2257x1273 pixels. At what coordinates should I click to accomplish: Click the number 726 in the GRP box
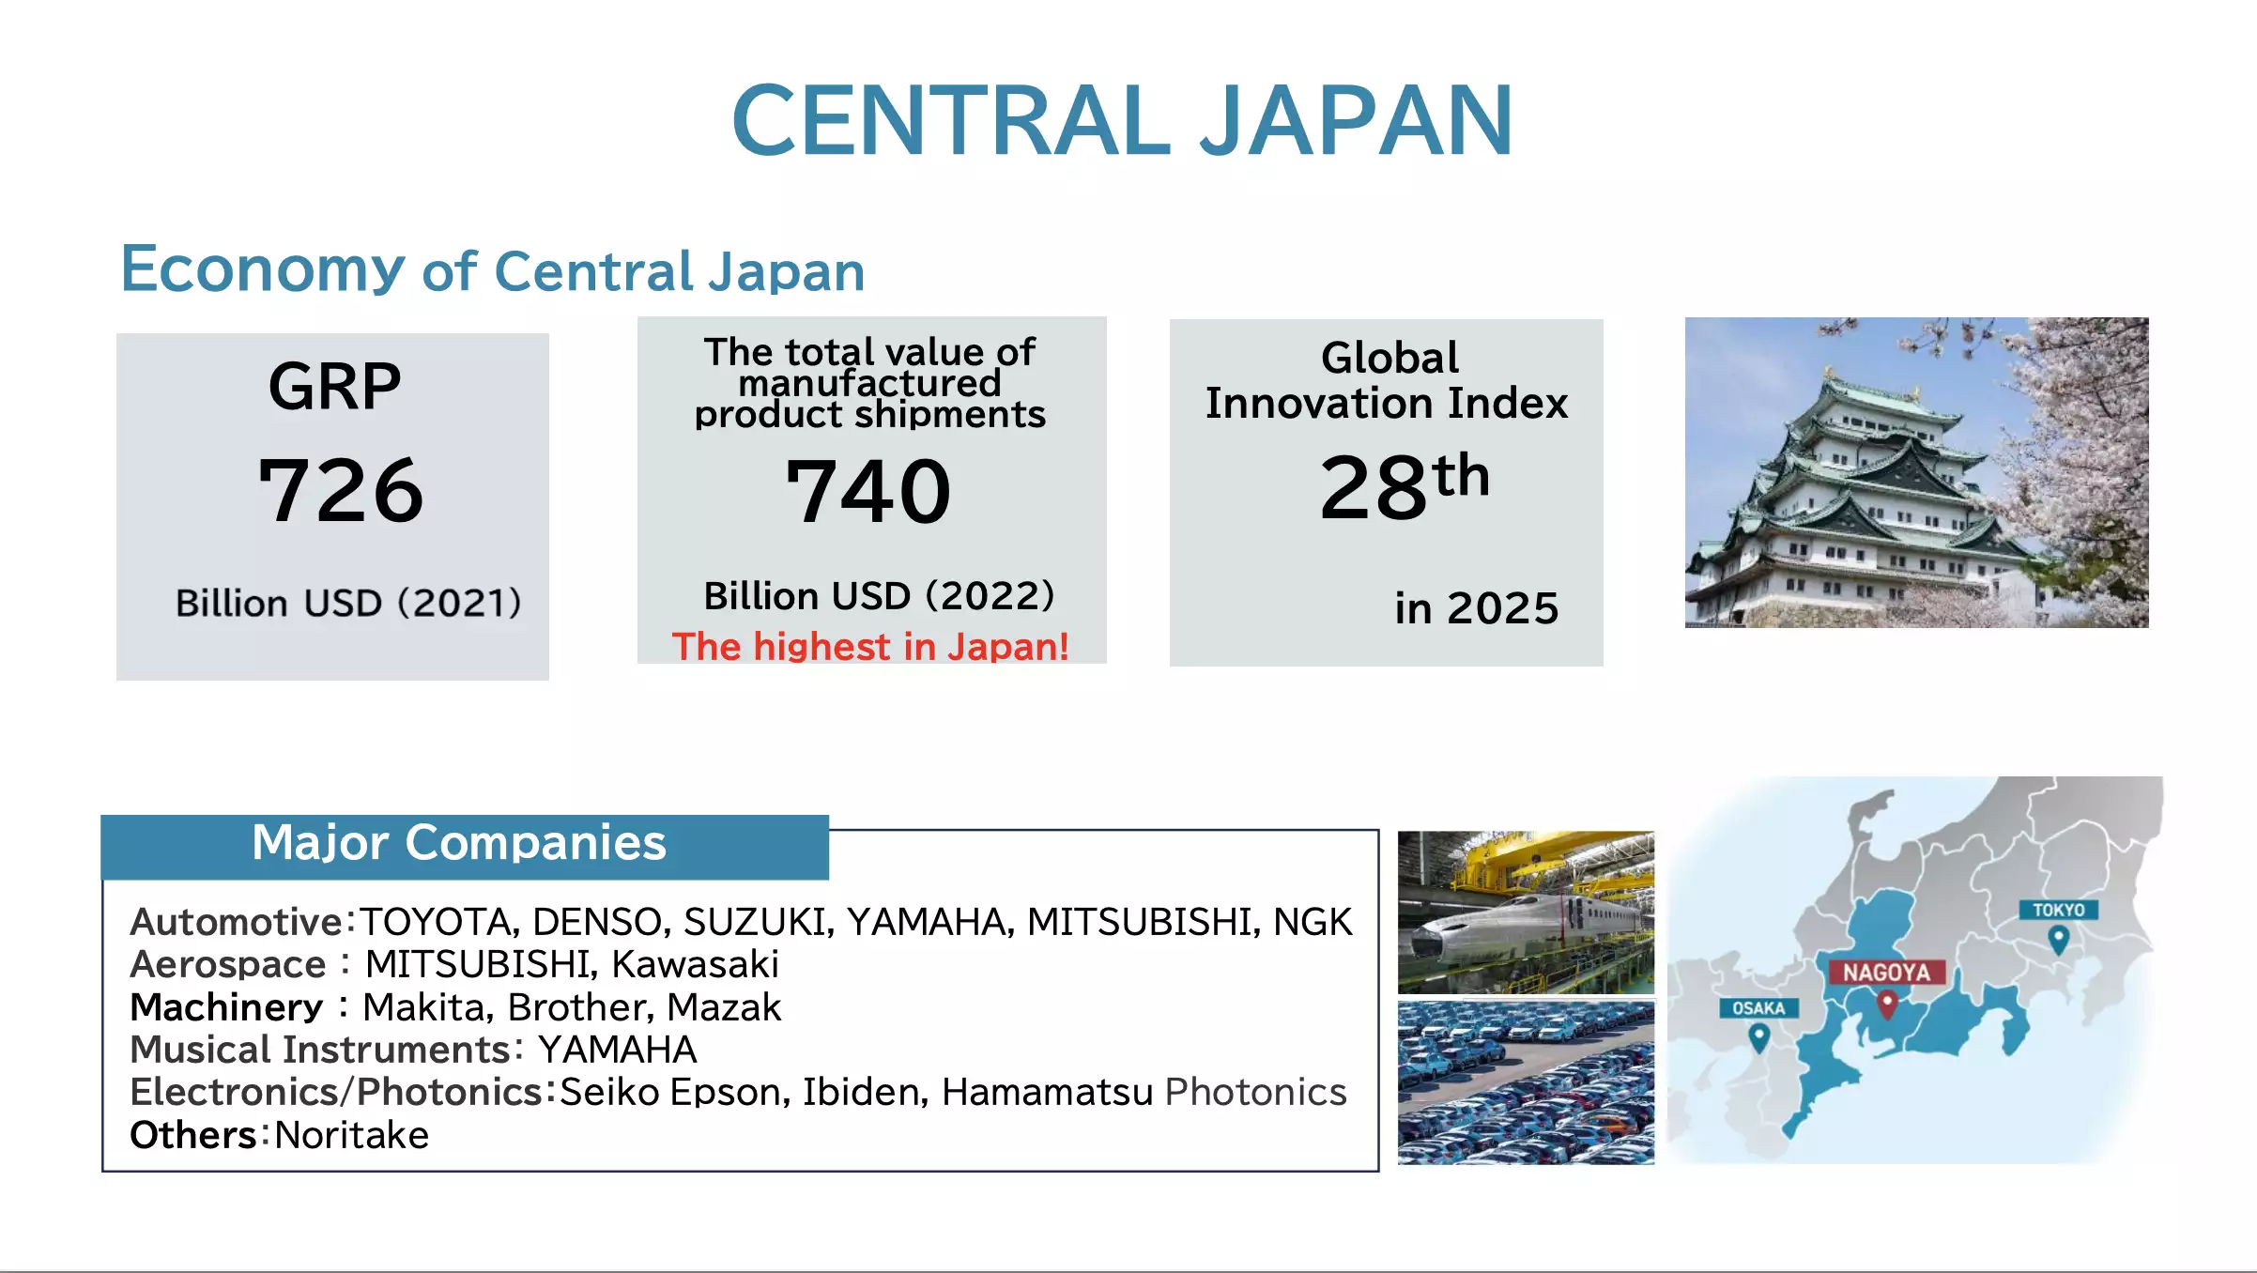point(341,489)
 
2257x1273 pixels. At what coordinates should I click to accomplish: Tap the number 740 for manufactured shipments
point(868,491)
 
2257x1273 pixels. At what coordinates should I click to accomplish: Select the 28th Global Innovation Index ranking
point(1405,485)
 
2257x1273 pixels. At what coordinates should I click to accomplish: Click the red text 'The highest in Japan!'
point(870,647)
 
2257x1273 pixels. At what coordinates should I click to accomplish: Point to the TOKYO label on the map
point(2058,910)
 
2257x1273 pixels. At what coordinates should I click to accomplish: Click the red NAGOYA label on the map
point(1886,972)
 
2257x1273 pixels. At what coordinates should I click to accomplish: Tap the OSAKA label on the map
point(1758,1008)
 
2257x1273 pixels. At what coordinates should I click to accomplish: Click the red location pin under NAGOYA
point(1887,1005)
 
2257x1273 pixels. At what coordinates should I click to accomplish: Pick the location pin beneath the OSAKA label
point(1759,1038)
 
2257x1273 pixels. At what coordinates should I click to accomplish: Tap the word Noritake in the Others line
point(352,1135)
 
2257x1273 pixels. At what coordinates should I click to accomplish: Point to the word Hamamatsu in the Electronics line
point(1047,1092)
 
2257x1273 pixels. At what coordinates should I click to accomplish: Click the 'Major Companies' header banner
point(465,847)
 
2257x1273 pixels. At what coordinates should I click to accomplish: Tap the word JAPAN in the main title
point(1355,120)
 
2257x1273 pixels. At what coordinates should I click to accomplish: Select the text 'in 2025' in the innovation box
point(1477,608)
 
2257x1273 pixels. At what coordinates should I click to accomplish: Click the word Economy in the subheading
point(263,268)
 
